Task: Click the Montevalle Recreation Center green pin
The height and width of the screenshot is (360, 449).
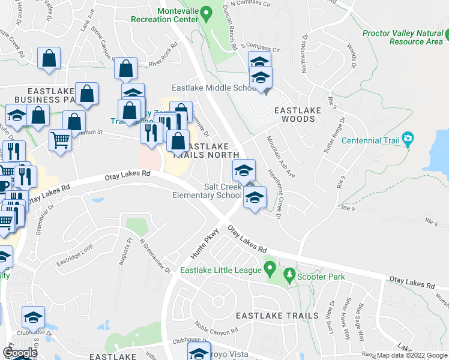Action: click(206, 11)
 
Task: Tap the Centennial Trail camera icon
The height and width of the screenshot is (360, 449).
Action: click(408, 140)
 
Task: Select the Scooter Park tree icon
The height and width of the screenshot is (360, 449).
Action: click(290, 276)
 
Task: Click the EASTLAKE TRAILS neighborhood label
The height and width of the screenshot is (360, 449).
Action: click(277, 316)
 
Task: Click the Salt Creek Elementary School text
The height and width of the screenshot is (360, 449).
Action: click(207, 191)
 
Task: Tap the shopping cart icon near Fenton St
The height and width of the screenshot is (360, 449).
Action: click(60, 141)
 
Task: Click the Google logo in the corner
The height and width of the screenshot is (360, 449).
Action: click(20, 353)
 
